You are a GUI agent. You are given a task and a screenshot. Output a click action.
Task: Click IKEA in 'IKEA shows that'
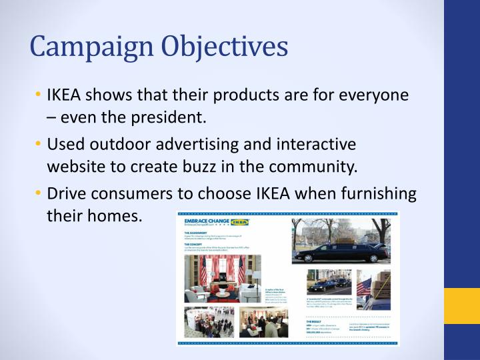pos(65,95)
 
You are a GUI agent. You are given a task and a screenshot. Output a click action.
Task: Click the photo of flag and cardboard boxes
pos(375,291)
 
